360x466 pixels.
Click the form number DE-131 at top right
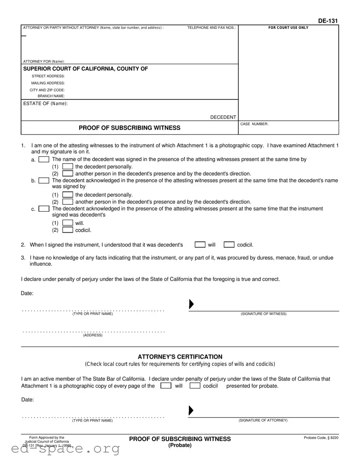(328, 21)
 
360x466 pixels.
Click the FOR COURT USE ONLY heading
(288, 28)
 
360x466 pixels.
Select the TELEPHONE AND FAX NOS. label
(211, 28)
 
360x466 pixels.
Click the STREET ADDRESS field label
(48, 76)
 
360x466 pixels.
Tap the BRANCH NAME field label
(51, 96)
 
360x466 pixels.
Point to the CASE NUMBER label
(254, 124)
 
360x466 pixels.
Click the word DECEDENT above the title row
(223, 117)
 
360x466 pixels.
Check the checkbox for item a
(44, 160)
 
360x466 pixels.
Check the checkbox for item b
(44, 181)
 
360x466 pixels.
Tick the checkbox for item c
(44, 209)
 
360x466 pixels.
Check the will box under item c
(68, 223)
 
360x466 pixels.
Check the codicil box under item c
(68, 230)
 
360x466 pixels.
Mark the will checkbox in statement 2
(200, 245)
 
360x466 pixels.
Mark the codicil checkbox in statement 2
(229, 245)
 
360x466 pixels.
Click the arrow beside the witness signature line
(191, 304)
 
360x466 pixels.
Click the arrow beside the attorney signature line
(191, 411)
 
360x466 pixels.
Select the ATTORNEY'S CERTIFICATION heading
(180, 357)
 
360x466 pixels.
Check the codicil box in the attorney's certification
(195, 386)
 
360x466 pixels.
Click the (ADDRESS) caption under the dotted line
(93, 335)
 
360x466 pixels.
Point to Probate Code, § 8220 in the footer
(321, 438)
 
